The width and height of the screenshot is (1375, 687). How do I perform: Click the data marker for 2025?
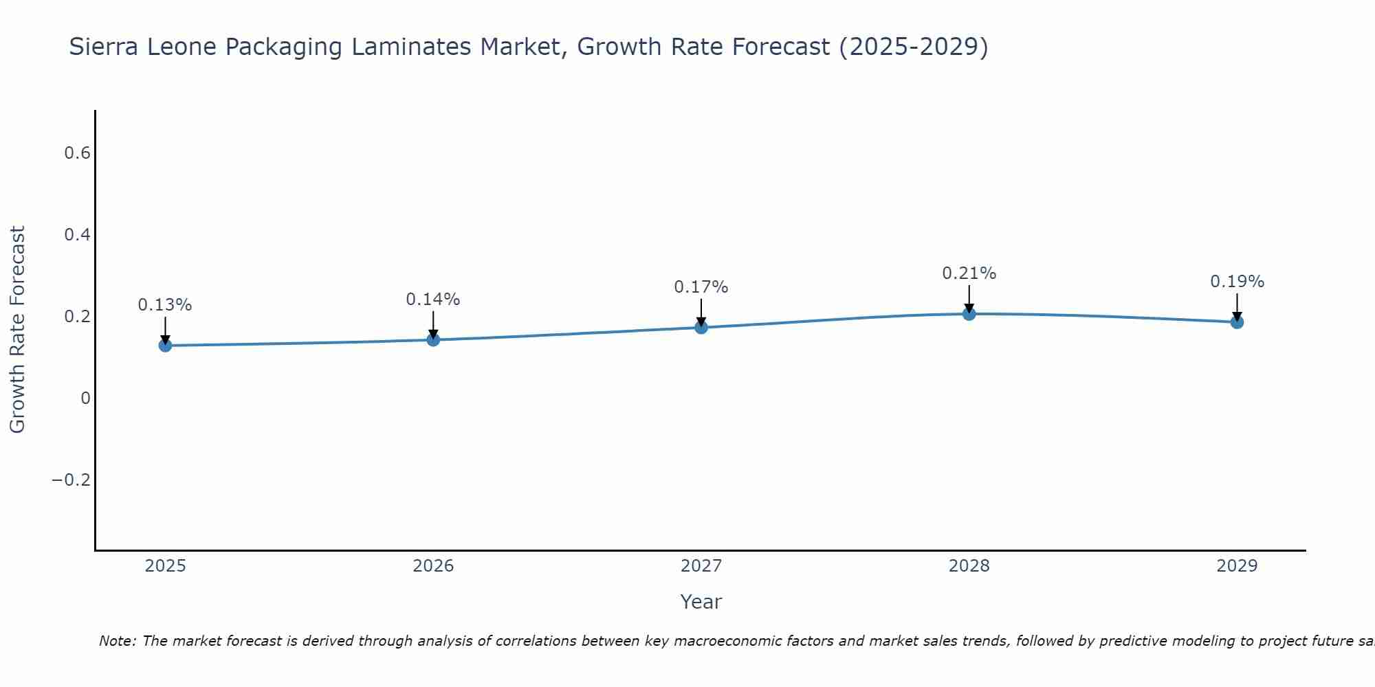[x=165, y=345]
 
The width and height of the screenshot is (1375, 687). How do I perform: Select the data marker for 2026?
[x=433, y=339]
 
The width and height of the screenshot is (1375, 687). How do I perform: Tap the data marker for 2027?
[x=701, y=327]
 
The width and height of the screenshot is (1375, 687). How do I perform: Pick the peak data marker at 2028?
[x=969, y=314]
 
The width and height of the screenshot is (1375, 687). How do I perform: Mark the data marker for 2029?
[x=1237, y=322]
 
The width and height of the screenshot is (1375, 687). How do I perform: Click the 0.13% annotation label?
[x=165, y=305]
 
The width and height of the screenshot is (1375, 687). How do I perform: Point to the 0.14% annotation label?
[x=433, y=300]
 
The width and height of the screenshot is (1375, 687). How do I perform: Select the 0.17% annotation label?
[x=701, y=287]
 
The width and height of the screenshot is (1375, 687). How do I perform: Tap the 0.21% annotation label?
[x=969, y=273]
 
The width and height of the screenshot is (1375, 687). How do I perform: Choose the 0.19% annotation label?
[x=1237, y=282]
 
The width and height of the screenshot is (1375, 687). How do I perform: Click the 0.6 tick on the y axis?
[x=78, y=153]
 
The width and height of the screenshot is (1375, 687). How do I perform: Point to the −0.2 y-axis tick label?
[x=71, y=480]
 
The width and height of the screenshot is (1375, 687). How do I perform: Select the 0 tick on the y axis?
[x=85, y=398]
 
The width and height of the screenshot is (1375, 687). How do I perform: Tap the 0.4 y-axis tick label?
[x=78, y=235]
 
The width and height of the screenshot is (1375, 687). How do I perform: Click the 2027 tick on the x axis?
[x=701, y=566]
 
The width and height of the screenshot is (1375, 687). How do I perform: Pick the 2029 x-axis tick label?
[x=1237, y=566]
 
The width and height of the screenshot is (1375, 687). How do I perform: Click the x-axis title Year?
[x=701, y=602]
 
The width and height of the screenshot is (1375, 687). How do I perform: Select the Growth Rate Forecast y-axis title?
[x=18, y=330]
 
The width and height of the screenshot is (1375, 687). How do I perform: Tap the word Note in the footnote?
[x=117, y=641]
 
